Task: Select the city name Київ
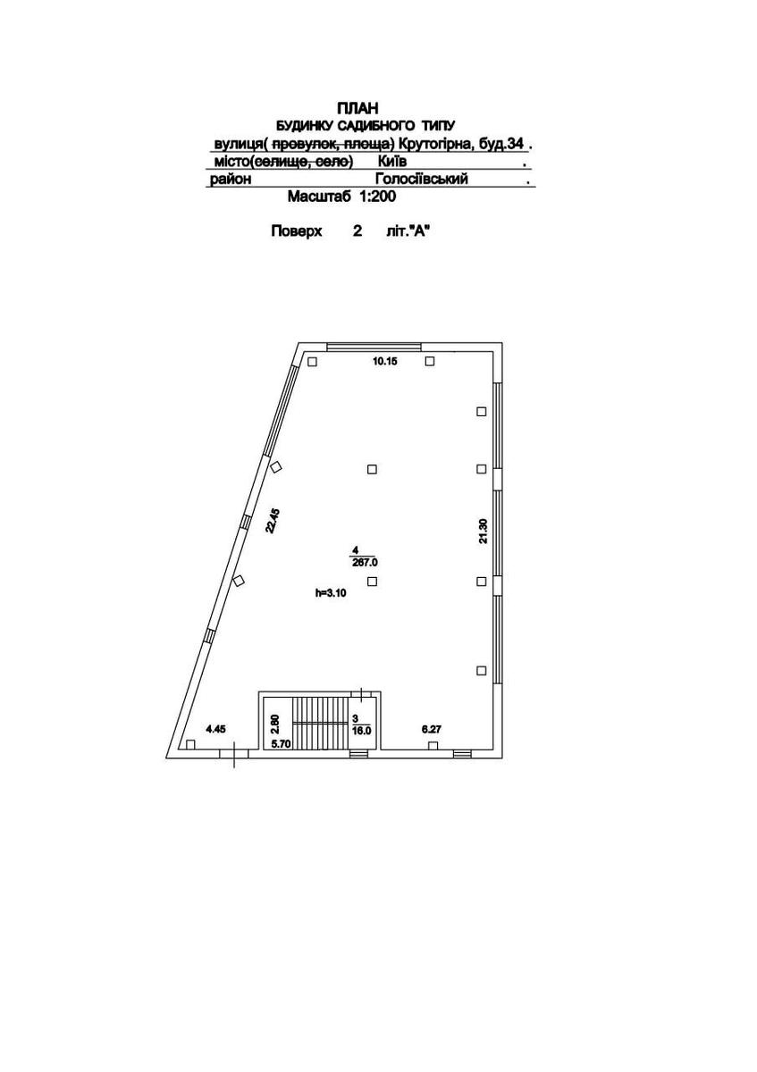[392, 162]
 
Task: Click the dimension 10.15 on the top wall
[384, 361]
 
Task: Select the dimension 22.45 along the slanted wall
[272, 520]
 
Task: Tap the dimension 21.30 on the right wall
[484, 532]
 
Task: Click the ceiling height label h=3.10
[330, 592]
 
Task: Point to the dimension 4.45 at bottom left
[215, 729]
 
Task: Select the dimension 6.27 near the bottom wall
[433, 729]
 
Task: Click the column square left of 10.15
[312, 362]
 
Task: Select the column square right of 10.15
[430, 361]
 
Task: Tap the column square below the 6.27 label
[433, 745]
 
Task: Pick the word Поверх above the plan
[296, 231]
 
